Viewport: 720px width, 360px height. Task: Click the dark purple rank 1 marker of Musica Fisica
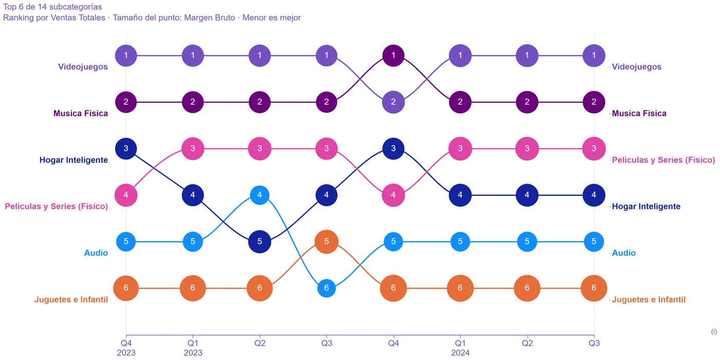(393, 56)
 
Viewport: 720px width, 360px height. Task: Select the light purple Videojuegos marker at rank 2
(393, 102)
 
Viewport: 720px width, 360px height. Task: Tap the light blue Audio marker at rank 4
(259, 195)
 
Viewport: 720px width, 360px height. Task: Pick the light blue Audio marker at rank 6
(327, 288)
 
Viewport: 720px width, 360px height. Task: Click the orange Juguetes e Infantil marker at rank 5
(327, 241)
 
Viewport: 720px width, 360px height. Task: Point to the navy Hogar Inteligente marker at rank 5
(259, 241)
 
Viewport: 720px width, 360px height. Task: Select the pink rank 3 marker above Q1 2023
(193, 149)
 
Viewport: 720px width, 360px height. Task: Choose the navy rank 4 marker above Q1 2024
(460, 195)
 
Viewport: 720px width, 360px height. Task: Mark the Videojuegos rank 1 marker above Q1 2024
(460, 56)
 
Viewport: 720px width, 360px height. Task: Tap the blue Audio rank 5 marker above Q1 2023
(193, 241)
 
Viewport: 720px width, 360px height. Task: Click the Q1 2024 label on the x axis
(460, 348)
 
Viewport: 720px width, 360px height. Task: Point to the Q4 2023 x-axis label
(126, 348)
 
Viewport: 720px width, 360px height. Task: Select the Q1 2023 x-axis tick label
(193, 348)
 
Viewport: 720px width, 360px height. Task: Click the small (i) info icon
(714, 331)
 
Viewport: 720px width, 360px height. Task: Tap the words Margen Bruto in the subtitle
(209, 17)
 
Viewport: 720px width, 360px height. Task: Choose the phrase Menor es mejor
(272, 17)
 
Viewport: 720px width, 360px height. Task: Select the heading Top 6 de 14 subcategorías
(52, 7)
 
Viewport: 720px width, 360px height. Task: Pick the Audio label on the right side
(623, 253)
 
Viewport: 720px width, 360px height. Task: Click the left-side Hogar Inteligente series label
(74, 160)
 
